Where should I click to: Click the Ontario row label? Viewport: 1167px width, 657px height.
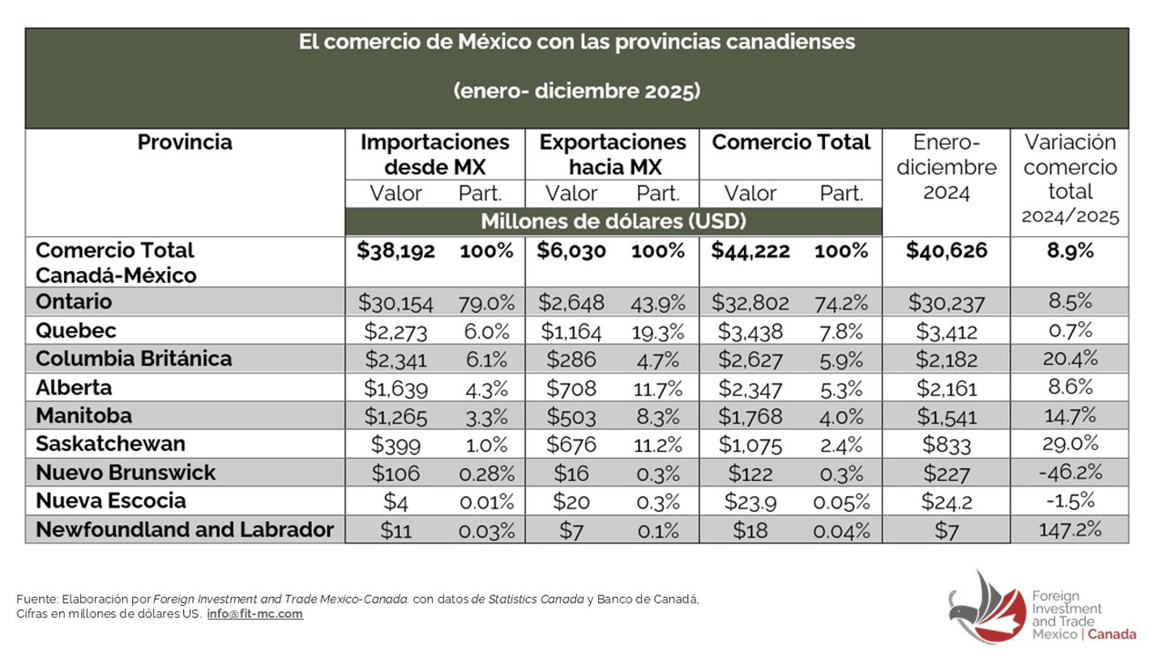coord(74,302)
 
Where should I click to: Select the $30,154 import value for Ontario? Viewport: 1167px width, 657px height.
coord(395,303)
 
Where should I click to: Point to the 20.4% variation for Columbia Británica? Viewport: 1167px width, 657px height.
coord(1069,359)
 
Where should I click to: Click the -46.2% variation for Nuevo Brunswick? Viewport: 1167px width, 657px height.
coord(1069,473)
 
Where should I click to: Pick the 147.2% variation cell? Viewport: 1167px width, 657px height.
coord(1069,530)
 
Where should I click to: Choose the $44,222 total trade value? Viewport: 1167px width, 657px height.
coord(751,251)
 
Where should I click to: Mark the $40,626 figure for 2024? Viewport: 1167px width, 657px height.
coord(946,251)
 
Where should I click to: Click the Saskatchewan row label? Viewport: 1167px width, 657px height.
coord(110,444)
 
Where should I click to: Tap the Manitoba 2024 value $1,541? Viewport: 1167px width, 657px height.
coord(946,416)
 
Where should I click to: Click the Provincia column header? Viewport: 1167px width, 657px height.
coord(185,142)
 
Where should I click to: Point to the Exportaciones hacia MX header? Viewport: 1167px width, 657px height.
coord(612,154)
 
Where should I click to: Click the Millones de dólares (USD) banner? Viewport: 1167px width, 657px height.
coord(613,221)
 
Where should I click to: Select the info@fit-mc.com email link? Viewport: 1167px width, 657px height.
coord(254,614)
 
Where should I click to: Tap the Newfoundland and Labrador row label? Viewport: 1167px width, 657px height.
coord(185,530)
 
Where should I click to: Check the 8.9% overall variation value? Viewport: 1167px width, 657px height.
coord(1069,251)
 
